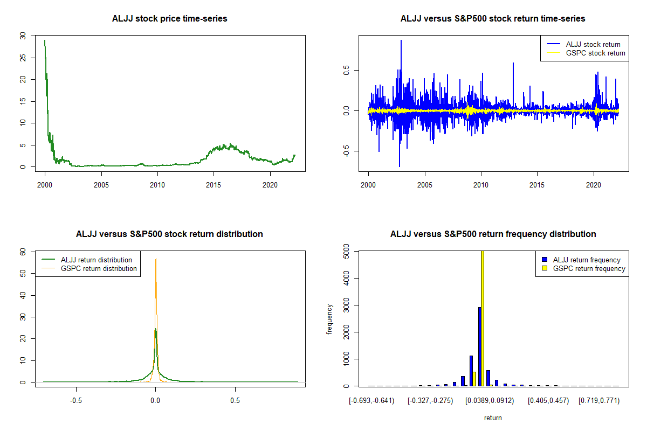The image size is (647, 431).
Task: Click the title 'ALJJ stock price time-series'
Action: pos(169,19)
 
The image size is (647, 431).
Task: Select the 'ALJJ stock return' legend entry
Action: pos(593,44)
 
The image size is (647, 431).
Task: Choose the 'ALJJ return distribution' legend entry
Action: pos(96,260)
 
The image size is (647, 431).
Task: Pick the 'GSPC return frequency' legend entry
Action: pos(589,268)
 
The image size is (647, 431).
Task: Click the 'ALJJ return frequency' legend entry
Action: pos(587,260)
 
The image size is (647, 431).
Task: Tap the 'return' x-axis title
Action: pos(493,418)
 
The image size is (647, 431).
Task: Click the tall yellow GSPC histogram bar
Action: pos(483,318)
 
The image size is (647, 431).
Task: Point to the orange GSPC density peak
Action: pos(156,260)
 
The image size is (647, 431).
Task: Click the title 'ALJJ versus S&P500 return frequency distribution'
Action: pos(493,234)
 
